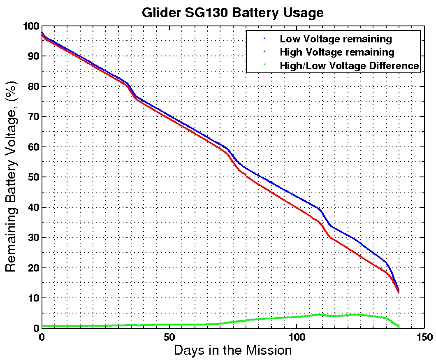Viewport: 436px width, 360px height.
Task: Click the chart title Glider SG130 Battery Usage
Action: (233, 12)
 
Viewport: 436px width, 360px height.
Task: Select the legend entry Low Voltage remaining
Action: (336, 39)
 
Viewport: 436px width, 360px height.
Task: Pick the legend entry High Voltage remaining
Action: (337, 52)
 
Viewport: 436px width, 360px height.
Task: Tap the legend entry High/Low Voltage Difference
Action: (349, 65)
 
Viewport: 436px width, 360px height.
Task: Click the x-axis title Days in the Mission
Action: (233, 351)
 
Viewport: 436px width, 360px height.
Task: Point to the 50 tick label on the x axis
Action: (169, 337)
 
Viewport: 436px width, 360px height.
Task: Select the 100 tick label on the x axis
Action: (297, 337)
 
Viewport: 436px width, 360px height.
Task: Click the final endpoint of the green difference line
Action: (399, 326)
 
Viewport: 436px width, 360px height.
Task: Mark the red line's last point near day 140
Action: (398, 292)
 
